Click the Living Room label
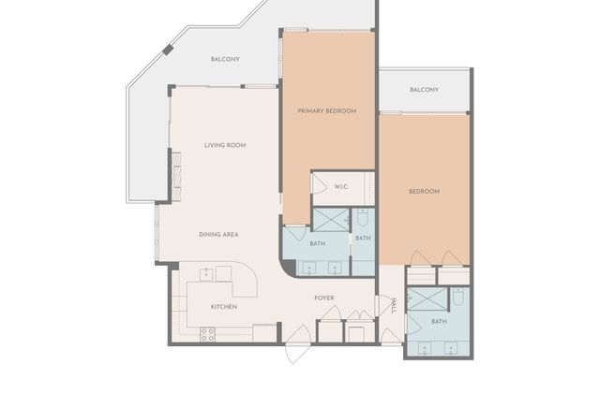225,145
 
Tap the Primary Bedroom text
327,110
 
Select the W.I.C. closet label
341,187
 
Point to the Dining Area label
218,235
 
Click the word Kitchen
224,307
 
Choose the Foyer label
324,298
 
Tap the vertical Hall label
394,306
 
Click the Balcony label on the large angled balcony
225,59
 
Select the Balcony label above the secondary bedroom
424,90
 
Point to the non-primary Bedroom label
424,191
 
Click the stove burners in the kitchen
207,335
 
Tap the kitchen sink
206,274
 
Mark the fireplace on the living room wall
176,176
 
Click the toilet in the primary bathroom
363,216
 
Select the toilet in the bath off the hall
458,297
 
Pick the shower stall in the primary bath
331,220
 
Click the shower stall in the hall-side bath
427,299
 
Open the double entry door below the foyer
298,344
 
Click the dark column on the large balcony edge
168,50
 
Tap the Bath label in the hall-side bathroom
439,322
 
